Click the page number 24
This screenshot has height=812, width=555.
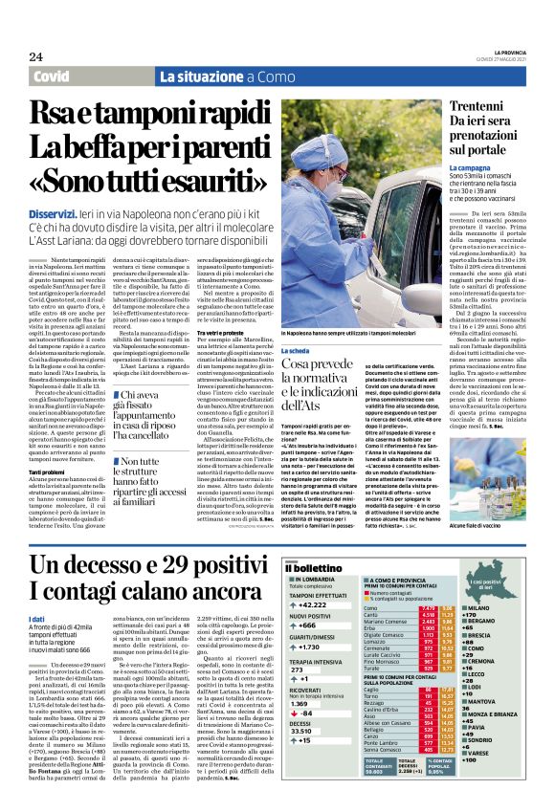(35, 55)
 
